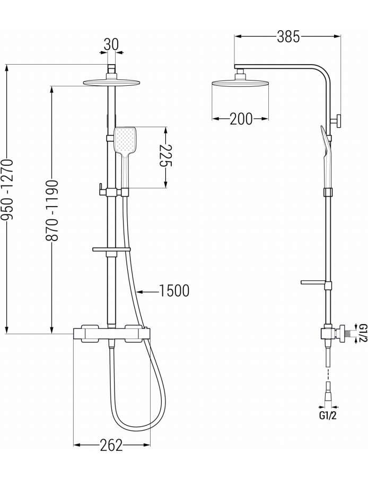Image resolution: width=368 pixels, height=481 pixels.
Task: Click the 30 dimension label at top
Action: (x=111, y=44)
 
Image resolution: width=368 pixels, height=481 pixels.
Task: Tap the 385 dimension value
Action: (x=288, y=37)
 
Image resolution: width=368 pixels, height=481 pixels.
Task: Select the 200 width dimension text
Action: (x=241, y=119)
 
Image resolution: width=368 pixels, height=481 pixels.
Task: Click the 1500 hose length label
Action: (x=174, y=291)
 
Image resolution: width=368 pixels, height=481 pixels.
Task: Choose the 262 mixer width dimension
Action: (x=111, y=445)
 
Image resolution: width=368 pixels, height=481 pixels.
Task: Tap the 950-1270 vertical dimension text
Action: (x=7, y=189)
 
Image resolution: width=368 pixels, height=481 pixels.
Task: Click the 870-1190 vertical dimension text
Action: (x=52, y=210)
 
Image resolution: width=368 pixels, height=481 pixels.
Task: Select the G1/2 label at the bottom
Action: (x=328, y=416)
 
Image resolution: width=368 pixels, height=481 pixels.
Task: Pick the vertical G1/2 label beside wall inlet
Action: (x=363, y=333)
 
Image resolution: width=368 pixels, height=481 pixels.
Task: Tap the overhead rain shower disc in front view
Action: (x=111, y=82)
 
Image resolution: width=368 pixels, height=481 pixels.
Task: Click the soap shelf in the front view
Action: (x=111, y=250)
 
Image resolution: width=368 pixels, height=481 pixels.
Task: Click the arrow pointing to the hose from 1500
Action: (x=147, y=292)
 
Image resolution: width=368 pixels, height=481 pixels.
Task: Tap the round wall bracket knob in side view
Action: (x=337, y=120)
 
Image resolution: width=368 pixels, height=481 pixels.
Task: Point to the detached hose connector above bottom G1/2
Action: (x=328, y=391)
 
